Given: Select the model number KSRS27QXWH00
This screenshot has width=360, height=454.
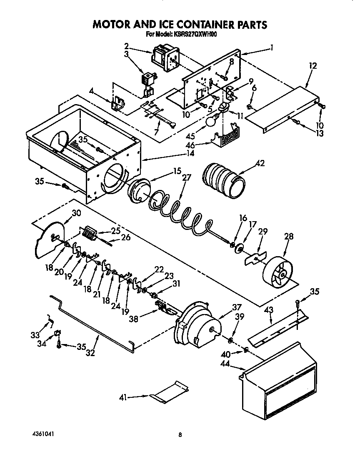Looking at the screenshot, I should point(196,35).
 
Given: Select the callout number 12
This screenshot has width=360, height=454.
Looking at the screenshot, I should point(312,66).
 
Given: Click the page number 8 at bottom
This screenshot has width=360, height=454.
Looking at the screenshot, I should point(180,435).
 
